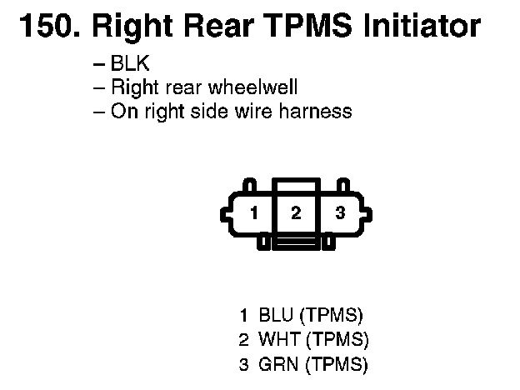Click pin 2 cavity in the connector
coord(295,212)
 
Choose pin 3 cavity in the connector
coord(339,213)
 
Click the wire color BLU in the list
coord(276,316)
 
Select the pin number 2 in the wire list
coord(243,340)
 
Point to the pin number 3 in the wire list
coord(243,364)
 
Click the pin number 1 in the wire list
coord(243,316)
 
